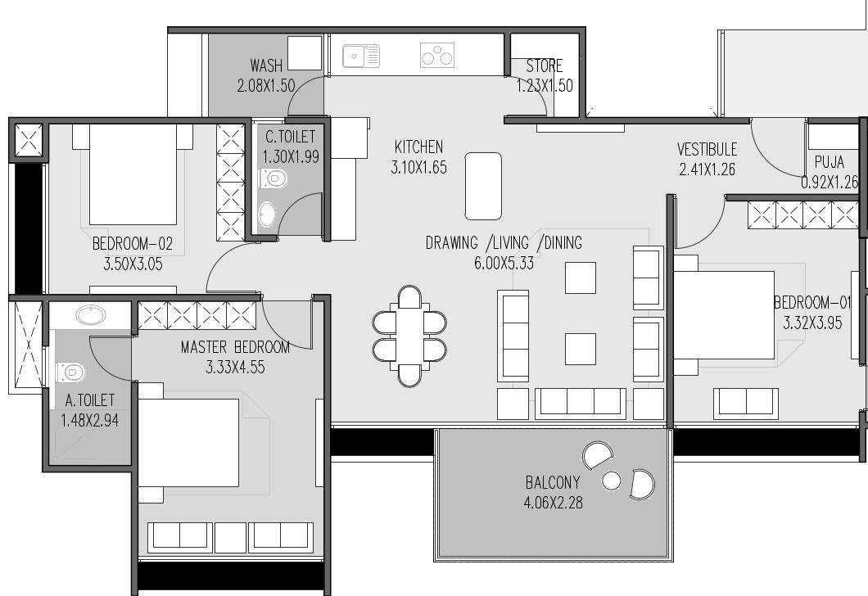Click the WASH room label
(265, 65)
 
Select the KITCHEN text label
(418, 147)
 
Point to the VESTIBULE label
(707, 150)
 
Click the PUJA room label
(829, 162)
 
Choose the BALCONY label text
(553, 482)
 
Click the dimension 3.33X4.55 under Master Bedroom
(236, 368)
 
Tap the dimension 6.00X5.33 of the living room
(504, 263)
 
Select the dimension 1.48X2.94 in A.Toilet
(89, 421)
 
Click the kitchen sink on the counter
(360, 56)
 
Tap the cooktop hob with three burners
(436, 56)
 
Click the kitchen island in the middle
(483, 186)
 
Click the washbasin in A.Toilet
(88, 315)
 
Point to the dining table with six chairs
(409, 336)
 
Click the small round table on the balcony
(611, 481)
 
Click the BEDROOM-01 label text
(812, 303)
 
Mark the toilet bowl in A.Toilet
(71, 373)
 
